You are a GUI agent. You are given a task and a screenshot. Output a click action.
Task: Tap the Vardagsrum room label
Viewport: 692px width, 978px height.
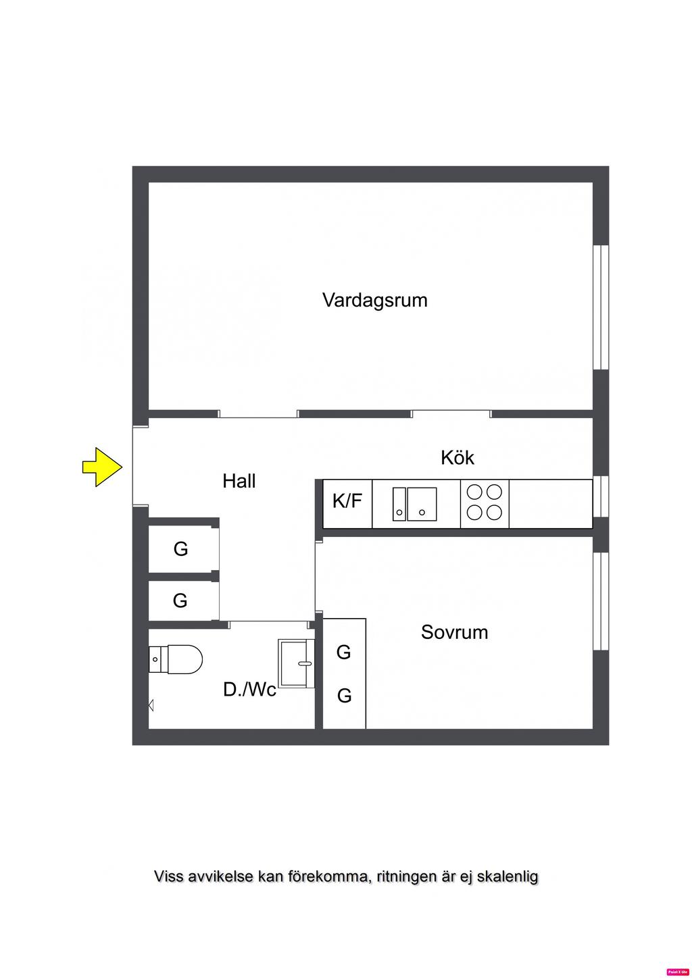pyautogui.click(x=375, y=300)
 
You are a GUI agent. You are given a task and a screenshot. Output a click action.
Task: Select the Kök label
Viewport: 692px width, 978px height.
pyautogui.click(x=458, y=458)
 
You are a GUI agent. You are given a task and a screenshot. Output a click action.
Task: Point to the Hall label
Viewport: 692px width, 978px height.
pyautogui.click(x=239, y=482)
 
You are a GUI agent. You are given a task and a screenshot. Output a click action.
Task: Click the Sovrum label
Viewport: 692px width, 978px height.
pyautogui.click(x=454, y=633)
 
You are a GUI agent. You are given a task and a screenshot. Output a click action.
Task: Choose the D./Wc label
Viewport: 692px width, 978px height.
pyautogui.click(x=249, y=690)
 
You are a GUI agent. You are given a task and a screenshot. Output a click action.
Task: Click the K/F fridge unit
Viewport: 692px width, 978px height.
pyautogui.click(x=347, y=502)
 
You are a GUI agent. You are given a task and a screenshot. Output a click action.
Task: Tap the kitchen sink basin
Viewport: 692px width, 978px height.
pyautogui.click(x=422, y=504)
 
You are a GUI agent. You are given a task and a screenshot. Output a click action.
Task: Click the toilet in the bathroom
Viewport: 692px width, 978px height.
pyautogui.click(x=176, y=659)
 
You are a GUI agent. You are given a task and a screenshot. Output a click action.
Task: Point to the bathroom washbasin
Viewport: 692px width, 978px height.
pyautogui.click(x=297, y=663)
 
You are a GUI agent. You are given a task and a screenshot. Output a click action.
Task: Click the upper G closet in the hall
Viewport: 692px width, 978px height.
pyautogui.click(x=181, y=549)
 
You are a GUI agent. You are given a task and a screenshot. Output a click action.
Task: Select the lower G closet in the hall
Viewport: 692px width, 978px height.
pyautogui.click(x=180, y=600)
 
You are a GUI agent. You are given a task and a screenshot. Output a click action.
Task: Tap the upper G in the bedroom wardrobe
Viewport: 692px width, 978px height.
pyautogui.click(x=344, y=652)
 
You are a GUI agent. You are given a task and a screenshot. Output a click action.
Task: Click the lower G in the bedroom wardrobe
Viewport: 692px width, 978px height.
pyautogui.click(x=344, y=696)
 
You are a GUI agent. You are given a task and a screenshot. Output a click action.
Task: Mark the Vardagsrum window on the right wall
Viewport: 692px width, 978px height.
pyautogui.click(x=601, y=307)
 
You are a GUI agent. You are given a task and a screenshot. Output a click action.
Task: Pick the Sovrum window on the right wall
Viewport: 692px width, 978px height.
pyautogui.click(x=601, y=601)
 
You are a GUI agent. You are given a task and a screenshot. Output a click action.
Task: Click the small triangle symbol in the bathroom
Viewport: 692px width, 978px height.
pyautogui.click(x=151, y=706)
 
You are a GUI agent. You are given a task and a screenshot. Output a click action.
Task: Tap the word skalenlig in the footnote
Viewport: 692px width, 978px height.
pyautogui.click(x=508, y=877)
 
